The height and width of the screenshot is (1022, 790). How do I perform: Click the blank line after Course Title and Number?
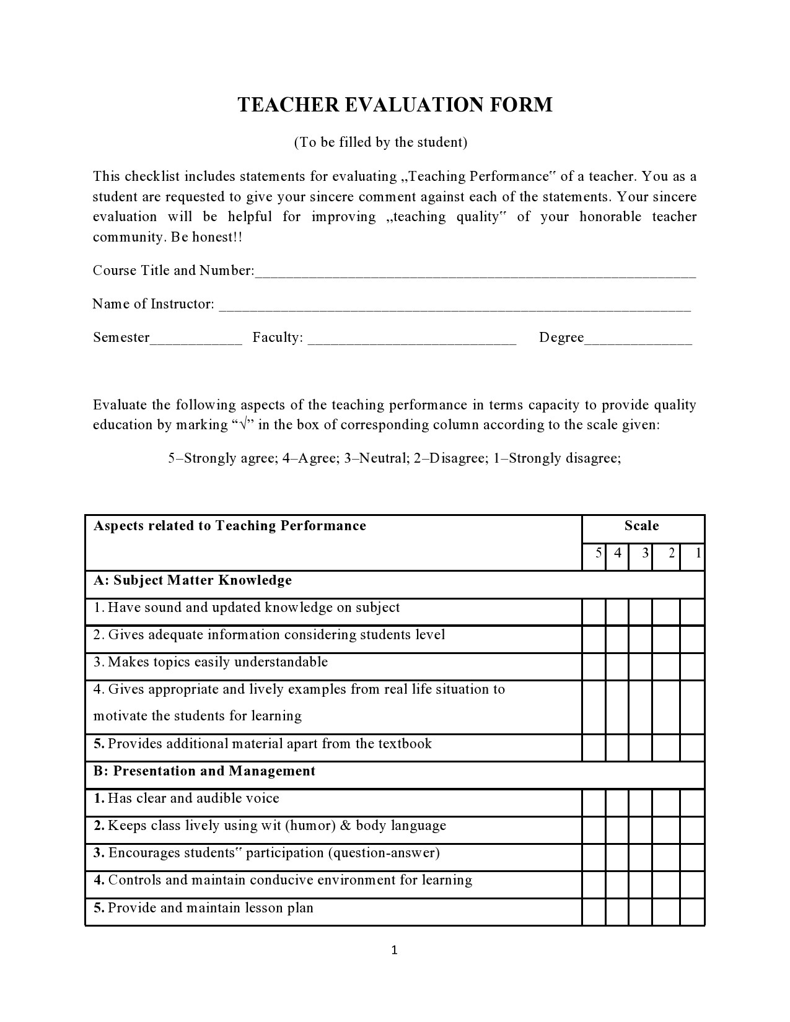[475, 274]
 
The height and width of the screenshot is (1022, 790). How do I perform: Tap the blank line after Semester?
[196, 341]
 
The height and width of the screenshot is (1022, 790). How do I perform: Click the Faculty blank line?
[411, 341]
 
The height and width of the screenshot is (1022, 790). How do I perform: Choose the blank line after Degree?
[638, 341]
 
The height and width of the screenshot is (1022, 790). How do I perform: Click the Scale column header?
[641, 526]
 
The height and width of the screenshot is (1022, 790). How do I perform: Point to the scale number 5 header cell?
[594, 553]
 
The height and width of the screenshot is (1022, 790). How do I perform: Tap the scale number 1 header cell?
[693, 553]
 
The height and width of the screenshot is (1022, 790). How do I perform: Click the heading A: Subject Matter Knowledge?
[193, 580]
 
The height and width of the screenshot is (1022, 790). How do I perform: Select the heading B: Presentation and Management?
[204, 771]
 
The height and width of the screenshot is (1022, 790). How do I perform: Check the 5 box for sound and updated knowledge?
[594, 611]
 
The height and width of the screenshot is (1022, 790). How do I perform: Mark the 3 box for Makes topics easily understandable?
[640, 666]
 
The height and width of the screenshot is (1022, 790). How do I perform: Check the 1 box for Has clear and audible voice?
[692, 803]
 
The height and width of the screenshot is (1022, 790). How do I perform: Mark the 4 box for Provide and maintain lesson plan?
[617, 912]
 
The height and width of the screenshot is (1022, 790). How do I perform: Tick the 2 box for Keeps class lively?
[666, 830]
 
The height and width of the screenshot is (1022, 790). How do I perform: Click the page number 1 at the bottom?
[394, 950]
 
